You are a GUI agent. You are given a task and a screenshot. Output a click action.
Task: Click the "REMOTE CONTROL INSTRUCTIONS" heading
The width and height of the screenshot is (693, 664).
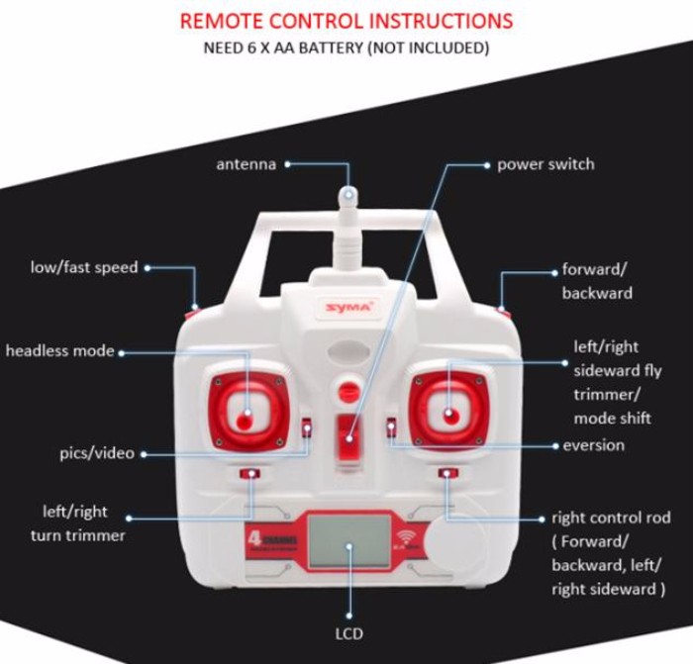click(346, 21)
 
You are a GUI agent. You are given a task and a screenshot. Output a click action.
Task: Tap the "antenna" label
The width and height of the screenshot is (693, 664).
click(246, 164)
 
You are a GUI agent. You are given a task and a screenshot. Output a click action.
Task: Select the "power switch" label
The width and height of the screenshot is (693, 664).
click(545, 164)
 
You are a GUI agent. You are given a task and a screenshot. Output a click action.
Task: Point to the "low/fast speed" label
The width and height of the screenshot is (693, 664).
click(84, 267)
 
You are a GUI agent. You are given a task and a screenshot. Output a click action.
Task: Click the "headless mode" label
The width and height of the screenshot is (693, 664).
click(59, 350)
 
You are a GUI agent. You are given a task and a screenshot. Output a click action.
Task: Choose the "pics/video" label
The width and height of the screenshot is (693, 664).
click(96, 453)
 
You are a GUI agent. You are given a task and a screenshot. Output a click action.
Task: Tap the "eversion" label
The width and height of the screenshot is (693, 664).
click(593, 445)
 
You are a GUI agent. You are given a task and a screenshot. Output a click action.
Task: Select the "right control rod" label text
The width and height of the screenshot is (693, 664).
click(611, 518)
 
